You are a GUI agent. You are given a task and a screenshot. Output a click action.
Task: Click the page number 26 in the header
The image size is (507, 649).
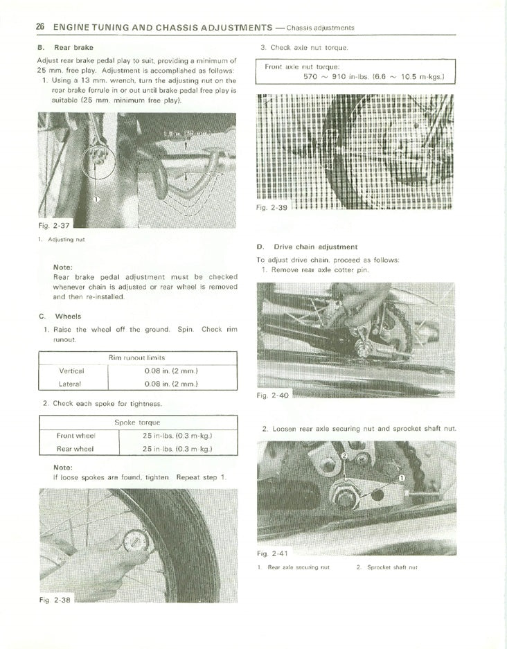point(40,27)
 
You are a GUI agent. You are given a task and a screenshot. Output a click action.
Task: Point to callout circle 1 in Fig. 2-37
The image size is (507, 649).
point(96,199)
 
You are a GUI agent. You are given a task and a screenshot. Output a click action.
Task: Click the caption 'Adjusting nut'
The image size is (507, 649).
point(66,240)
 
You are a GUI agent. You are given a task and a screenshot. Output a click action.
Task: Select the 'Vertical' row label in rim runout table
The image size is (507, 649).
point(71,371)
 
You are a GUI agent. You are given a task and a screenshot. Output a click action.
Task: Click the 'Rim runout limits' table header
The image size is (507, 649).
point(136,357)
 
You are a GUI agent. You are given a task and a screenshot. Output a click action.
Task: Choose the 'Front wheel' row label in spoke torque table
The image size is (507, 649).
point(75,436)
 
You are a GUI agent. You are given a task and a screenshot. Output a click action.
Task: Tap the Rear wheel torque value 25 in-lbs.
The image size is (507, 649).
point(177,449)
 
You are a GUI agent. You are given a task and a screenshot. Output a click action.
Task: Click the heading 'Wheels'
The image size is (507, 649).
point(68,317)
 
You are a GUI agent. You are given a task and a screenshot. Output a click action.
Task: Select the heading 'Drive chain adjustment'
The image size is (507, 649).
point(315,247)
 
